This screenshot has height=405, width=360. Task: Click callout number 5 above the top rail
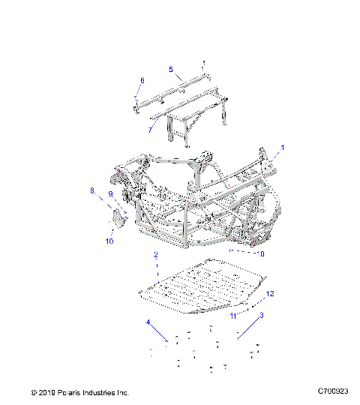(x=171, y=70)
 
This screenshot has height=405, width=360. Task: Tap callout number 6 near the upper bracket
(x=142, y=80)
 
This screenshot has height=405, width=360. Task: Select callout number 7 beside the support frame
(x=150, y=129)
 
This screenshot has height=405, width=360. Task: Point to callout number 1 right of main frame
(x=283, y=147)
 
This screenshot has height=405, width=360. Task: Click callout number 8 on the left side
(x=93, y=191)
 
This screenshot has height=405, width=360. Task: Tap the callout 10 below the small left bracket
(x=109, y=241)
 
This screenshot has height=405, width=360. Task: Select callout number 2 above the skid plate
(x=155, y=256)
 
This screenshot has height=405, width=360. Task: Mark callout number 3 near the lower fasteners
(x=260, y=316)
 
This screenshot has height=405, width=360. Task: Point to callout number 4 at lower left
(x=148, y=322)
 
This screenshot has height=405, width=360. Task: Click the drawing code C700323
(x=332, y=391)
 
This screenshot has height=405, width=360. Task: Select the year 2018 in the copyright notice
(x=49, y=392)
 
